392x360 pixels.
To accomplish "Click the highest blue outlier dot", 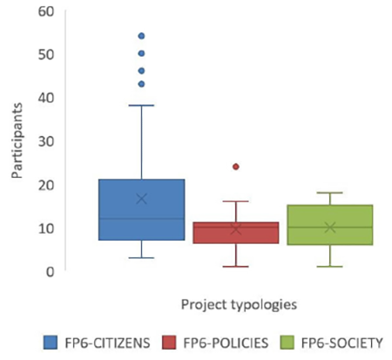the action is tap(141, 36).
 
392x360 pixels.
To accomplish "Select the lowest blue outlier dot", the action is tap(141, 85).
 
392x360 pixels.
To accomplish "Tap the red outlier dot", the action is tap(236, 166).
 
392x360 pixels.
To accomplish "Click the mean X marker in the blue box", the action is tap(141, 199).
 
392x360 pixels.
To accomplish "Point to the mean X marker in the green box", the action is tap(330, 228).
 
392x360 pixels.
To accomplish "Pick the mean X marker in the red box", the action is tap(236, 229).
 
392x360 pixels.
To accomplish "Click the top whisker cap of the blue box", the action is tap(141, 105).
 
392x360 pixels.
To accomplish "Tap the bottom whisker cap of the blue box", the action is tap(141, 258).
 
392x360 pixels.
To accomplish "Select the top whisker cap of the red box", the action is tap(236, 201).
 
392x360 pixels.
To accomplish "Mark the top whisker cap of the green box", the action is tap(330, 193).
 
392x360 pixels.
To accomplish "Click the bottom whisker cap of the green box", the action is tap(330, 267).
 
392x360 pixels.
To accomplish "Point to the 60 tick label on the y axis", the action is tap(46, 11).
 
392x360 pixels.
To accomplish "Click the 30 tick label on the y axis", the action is tap(46, 141).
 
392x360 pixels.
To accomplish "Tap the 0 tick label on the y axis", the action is tap(51, 272).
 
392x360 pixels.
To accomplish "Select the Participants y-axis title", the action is tap(17, 140).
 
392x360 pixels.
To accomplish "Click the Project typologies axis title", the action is tap(239, 305).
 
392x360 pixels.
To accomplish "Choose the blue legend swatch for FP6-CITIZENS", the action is tap(51, 343).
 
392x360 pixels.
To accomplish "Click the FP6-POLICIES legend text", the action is tap(226, 343).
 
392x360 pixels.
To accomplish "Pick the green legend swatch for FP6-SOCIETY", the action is tap(287, 343).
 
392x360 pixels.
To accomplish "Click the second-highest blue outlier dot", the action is tap(141, 53).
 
